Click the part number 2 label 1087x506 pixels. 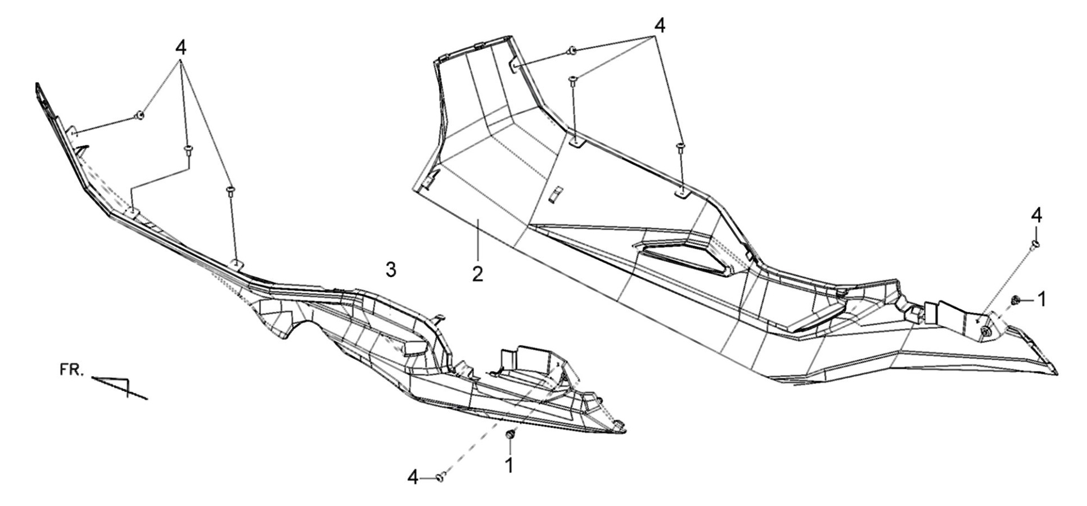pyautogui.click(x=477, y=274)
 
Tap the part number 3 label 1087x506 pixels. pyautogui.click(x=391, y=269)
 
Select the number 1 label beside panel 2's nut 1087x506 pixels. pyautogui.click(x=1041, y=300)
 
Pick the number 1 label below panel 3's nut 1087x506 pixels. pyautogui.click(x=509, y=464)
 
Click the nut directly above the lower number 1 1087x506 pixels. pyautogui.click(x=510, y=435)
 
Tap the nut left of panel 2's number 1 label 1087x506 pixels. pyautogui.click(x=1016, y=301)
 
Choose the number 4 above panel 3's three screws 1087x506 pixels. pyautogui.click(x=181, y=48)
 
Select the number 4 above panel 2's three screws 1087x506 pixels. pyautogui.click(x=660, y=25)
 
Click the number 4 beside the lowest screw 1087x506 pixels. pyautogui.click(x=413, y=477)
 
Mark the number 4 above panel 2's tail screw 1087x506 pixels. pyautogui.click(x=1036, y=215)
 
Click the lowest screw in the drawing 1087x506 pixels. pyautogui.click(x=441, y=477)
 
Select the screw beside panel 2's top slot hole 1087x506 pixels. pyautogui.click(x=571, y=51)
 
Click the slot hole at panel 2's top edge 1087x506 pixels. pyautogui.click(x=515, y=66)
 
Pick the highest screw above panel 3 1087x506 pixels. pyautogui.click(x=139, y=115)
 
